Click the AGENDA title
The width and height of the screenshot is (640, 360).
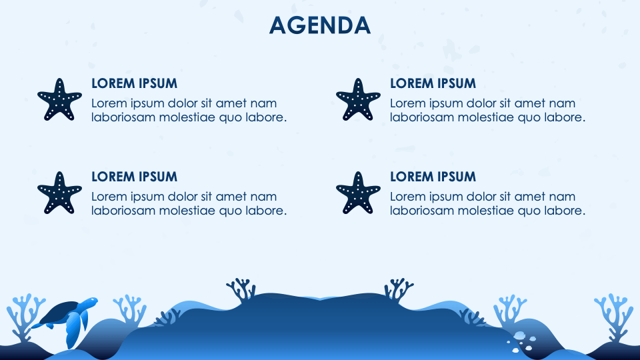(x=319, y=25)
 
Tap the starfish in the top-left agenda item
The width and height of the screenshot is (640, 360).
(x=59, y=100)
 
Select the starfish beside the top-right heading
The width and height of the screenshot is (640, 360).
(x=357, y=100)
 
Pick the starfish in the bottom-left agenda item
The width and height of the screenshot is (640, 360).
(x=59, y=193)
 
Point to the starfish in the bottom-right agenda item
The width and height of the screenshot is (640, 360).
(x=357, y=193)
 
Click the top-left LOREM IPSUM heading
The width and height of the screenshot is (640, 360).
(x=134, y=83)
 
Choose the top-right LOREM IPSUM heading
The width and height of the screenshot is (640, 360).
(x=433, y=83)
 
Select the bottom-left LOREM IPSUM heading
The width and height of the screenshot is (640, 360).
(x=134, y=177)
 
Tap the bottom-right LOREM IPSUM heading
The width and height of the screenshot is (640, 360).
(x=433, y=177)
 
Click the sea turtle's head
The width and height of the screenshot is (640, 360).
(x=89, y=303)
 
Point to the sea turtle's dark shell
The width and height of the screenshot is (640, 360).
(x=61, y=311)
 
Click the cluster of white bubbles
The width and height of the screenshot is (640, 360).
(x=521, y=340)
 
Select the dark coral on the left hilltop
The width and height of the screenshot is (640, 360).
(x=241, y=289)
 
